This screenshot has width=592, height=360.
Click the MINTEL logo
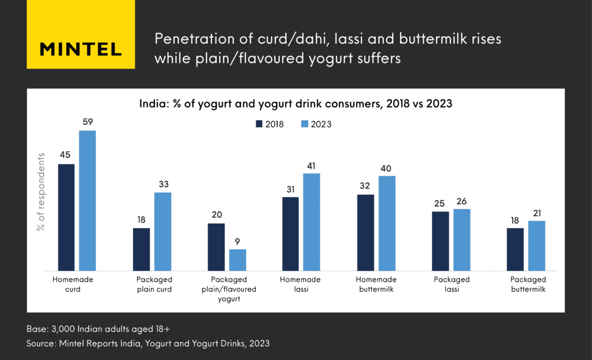[x=80, y=49]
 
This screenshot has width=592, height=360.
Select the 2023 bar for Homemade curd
[x=87, y=201]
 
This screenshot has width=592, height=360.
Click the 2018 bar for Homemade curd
[x=66, y=217]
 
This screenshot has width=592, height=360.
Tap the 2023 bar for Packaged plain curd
[x=162, y=231]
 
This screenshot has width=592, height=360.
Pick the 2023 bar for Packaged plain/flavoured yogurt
[x=238, y=260]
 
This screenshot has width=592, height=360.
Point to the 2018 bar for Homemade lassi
[x=291, y=233]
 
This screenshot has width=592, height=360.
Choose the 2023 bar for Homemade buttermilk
[x=387, y=223]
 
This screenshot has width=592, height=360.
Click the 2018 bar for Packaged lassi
[x=441, y=241]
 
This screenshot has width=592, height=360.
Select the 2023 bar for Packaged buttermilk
[x=536, y=246]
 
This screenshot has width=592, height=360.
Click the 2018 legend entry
[x=270, y=124]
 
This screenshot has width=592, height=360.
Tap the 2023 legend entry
[x=316, y=124]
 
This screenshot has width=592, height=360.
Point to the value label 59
[x=88, y=122]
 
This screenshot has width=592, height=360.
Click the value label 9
[x=238, y=241]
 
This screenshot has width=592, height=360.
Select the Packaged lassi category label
[x=451, y=284]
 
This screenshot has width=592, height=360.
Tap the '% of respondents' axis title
[x=41, y=192]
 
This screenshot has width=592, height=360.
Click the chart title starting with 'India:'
[x=295, y=105]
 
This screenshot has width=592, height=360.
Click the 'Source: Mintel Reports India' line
[x=148, y=344]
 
